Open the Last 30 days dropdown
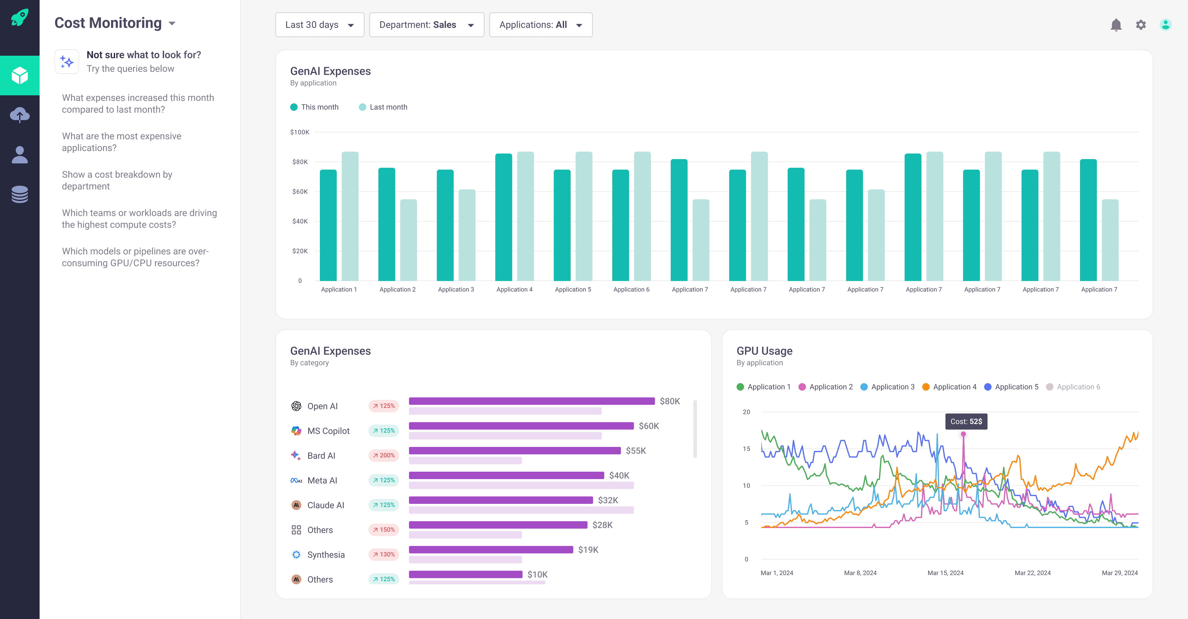[x=319, y=25]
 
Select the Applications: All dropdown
[x=540, y=25]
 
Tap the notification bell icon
[x=1116, y=25]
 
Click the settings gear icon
[x=1140, y=25]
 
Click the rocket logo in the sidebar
[x=19, y=18]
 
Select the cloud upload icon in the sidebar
[x=19, y=115]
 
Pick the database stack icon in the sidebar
[x=19, y=194]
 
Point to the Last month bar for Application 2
[x=408, y=240]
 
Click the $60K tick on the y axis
[x=300, y=191]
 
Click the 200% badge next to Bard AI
[x=384, y=455]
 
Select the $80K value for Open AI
[x=669, y=401]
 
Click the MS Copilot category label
[x=328, y=431]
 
